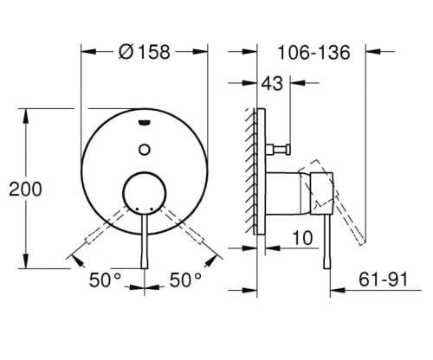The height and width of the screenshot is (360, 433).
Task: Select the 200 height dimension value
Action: click(x=21, y=186)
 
